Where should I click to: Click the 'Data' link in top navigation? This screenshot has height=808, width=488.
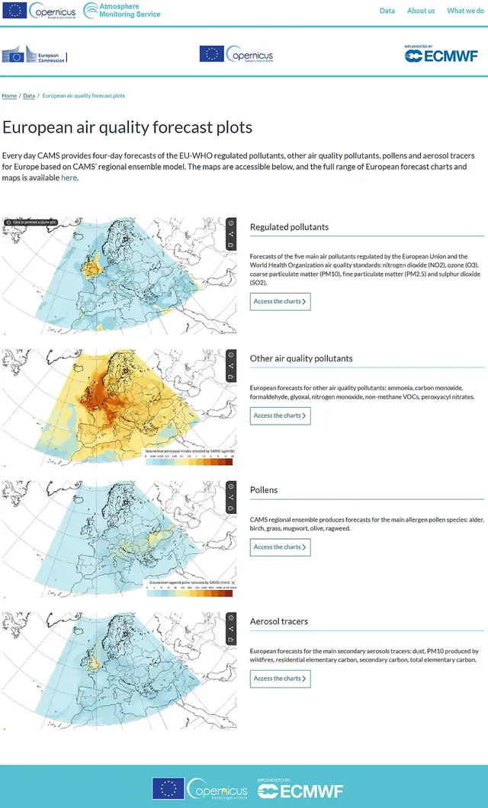point(387,11)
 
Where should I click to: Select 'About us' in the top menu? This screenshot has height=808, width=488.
point(421,11)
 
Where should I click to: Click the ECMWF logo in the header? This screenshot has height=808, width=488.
point(441,53)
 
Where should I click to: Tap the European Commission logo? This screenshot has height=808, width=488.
point(34,56)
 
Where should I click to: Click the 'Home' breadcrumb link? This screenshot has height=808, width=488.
point(9,96)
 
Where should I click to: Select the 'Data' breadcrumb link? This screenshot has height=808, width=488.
point(29,96)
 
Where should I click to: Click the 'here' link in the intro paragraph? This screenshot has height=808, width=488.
point(69,178)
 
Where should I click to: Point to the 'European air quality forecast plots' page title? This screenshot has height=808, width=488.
point(127,127)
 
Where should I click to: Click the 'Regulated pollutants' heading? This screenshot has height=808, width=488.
point(289,227)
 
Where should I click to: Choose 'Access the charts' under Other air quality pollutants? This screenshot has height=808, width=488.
point(280,415)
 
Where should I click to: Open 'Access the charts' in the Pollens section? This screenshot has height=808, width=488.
point(280,547)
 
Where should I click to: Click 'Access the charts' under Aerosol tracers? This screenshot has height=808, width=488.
point(280,678)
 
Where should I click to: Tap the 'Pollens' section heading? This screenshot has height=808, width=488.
point(264,490)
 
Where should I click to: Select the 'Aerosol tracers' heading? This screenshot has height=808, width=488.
point(279,622)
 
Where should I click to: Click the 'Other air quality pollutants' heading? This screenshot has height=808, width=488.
point(301,358)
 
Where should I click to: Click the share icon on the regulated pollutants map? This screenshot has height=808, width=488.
point(230,234)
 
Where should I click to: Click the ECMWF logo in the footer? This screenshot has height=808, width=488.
point(301,790)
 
